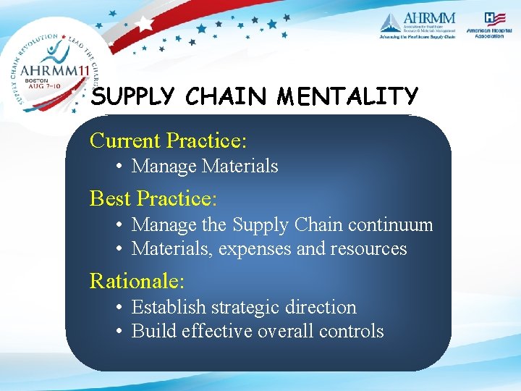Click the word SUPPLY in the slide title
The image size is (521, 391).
pos(135,97)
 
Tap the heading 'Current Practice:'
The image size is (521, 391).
pos(168,140)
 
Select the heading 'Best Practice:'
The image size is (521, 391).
pos(153,198)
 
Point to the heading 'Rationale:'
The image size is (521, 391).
pos(137,280)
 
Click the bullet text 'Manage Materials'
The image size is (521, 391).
pos(205,167)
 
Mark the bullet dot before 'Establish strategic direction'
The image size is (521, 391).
pos(120,308)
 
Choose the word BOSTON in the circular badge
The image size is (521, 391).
pos(35,80)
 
